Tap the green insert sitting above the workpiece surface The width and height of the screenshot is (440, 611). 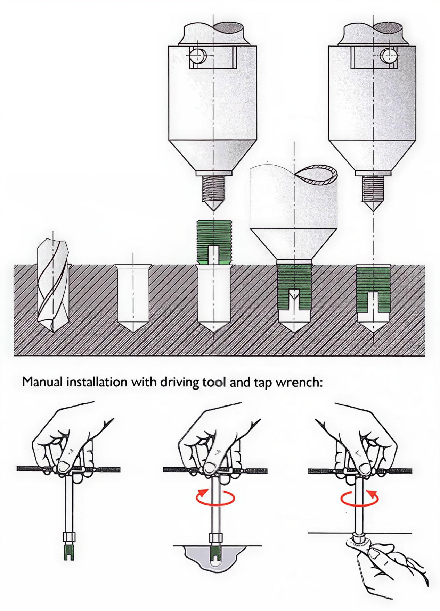pos(214,242)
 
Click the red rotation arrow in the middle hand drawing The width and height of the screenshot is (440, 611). pos(215,498)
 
